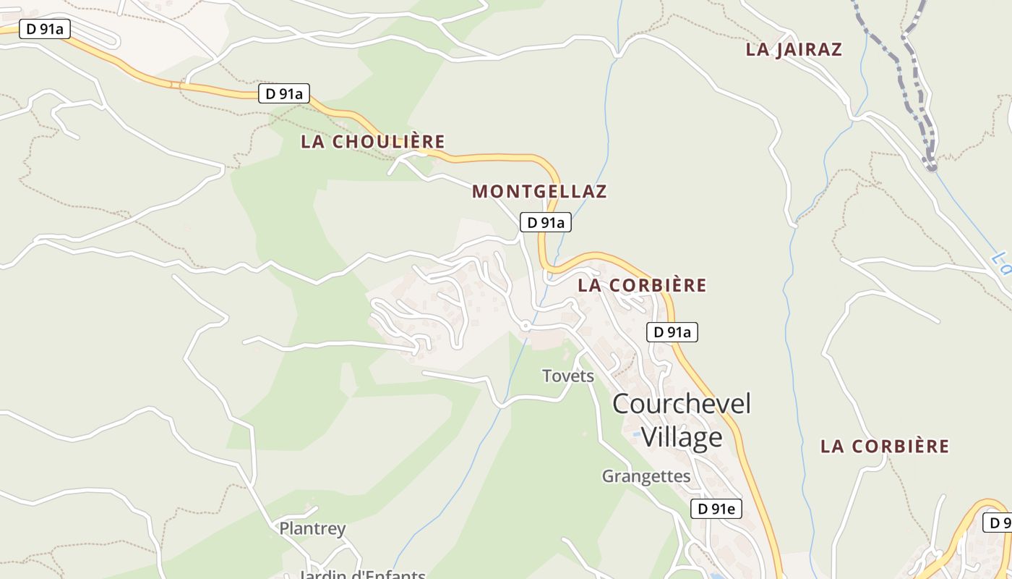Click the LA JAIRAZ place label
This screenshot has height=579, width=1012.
tap(794, 49)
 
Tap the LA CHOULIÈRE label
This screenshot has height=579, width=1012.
tap(372, 142)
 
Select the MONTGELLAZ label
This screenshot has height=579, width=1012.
tap(539, 192)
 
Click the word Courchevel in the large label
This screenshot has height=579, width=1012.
tap(682, 404)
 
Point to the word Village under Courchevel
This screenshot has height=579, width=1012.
tap(682, 437)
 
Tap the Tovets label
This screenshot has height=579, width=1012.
tap(568, 376)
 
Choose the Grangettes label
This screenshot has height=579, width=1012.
tap(646, 476)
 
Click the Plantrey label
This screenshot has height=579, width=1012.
tap(313, 528)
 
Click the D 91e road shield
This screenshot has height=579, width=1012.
tap(716, 509)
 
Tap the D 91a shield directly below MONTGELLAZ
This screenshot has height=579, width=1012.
tap(546, 222)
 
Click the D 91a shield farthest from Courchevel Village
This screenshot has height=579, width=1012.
tap(44, 30)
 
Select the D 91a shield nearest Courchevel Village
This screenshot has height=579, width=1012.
tap(672, 332)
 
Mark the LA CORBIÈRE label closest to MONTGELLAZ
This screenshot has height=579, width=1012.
tap(642, 285)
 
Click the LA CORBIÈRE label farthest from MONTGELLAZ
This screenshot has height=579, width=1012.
tap(884, 447)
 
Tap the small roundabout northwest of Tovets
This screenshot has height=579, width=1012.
tap(526, 327)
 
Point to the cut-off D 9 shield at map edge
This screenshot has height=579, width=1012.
tap(999, 523)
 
